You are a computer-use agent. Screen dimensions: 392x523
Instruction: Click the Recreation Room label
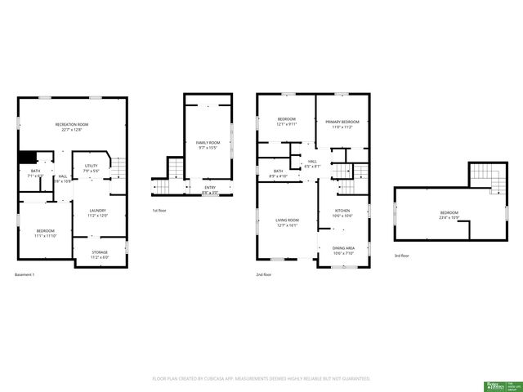[73, 127]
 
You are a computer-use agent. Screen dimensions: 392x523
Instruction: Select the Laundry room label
[98, 213]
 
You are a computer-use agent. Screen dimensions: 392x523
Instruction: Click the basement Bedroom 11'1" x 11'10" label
[46, 233]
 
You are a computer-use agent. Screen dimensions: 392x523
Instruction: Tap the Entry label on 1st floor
[210, 190]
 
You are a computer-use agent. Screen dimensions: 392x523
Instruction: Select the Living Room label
[287, 222]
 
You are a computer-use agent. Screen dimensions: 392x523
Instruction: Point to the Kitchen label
[342, 213]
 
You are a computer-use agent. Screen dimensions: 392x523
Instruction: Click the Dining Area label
[343, 250]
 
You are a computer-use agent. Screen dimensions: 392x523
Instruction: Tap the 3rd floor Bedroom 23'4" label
[449, 215]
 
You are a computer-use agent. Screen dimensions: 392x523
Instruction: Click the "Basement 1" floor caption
[27, 275]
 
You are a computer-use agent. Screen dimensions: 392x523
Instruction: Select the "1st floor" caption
[160, 211]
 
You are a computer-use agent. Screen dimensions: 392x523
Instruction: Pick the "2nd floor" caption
[263, 275]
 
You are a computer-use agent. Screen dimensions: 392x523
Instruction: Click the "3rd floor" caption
[401, 256]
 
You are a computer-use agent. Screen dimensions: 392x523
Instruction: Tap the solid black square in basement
[28, 158]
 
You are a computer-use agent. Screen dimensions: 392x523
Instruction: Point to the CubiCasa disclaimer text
[261, 379]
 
